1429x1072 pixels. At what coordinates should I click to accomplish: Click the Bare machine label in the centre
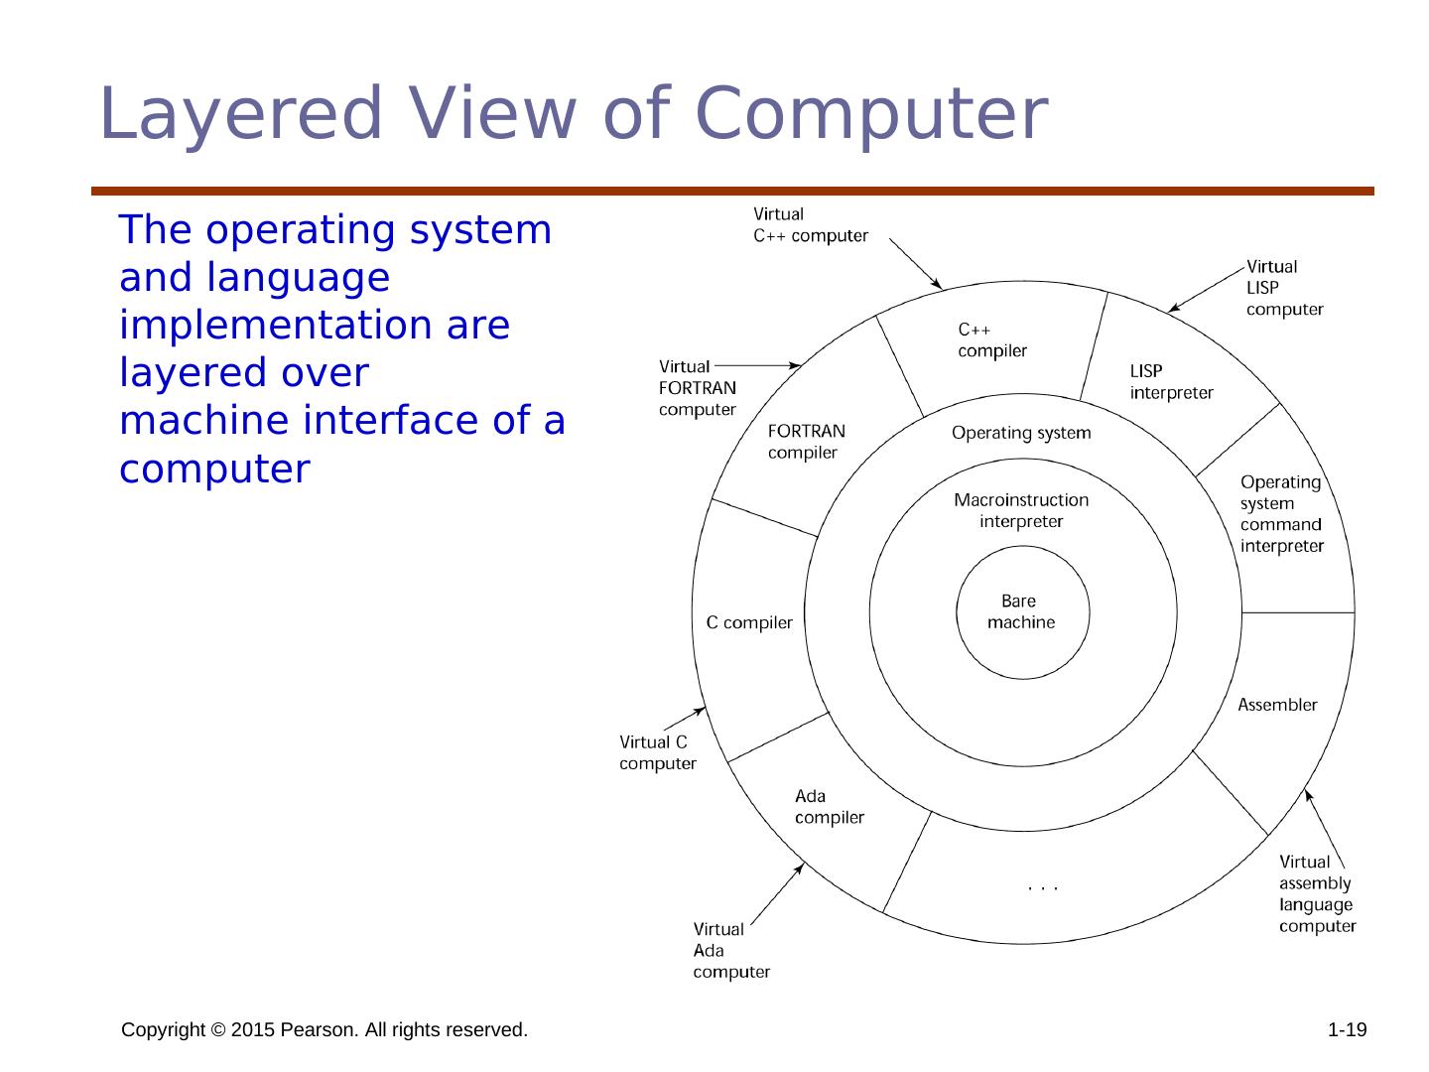(x=1021, y=612)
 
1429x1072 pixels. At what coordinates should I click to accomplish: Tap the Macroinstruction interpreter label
(x=1021, y=511)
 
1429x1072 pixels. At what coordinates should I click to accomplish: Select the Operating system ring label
(x=1021, y=433)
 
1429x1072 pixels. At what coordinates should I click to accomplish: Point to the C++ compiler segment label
(x=991, y=339)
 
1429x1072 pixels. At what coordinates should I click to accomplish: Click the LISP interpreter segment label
(x=1171, y=382)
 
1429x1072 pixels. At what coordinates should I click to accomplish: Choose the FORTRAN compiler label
(x=807, y=442)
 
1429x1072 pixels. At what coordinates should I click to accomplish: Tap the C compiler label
(x=749, y=623)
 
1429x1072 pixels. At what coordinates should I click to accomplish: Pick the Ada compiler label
(x=829, y=807)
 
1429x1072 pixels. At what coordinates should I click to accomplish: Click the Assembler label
(x=1277, y=705)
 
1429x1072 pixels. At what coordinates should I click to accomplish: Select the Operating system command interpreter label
(x=1281, y=513)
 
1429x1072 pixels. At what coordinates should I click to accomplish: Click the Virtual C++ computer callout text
(x=810, y=225)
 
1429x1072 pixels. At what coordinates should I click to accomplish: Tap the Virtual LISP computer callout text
(x=1284, y=288)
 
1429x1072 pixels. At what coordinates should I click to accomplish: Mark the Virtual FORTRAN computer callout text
(x=697, y=388)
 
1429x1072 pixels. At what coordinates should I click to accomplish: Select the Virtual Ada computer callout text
(x=730, y=951)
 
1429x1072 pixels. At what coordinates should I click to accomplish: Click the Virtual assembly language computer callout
(x=1317, y=894)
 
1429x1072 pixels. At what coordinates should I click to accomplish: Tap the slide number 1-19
(x=1347, y=1030)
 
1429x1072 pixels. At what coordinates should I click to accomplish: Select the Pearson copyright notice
(x=325, y=1030)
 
